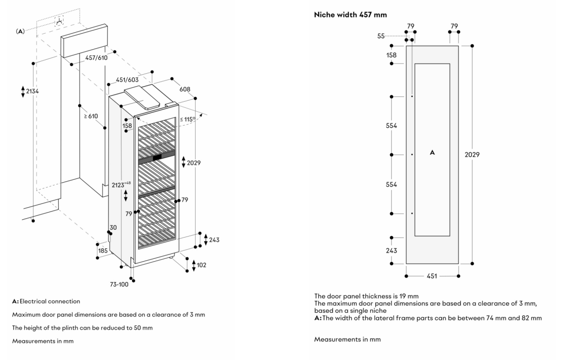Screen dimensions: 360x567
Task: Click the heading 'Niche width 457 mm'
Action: pyautogui.click(x=350, y=15)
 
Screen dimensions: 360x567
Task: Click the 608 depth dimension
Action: pyautogui.click(x=185, y=89)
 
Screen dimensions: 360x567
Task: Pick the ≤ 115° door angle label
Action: pyautogui.click(x=187, y=119)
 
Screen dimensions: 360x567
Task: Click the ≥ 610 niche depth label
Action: pyautogui.click(x=91, y=116)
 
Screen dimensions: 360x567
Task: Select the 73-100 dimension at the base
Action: pyautogui.click(x=119, y=284)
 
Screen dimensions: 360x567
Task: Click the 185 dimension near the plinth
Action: pyautogui.click(x=103, y=251)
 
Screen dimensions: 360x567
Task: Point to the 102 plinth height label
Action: pyautogui.click(x=201, y=265)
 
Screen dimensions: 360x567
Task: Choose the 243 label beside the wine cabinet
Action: pyautogui.click(x=214, y=240)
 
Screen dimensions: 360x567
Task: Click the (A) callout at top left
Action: pyautogui.click(x=20, y=31)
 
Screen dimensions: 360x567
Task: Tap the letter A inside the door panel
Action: pyautogui.click(x=432, y=153)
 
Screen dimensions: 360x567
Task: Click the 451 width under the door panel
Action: pyautogui.click(x=432, y=276)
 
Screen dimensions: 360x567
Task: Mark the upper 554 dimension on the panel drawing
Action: pyautogui.click(x=391, y=126)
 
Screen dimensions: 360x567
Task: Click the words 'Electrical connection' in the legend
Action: pyautogui.click(x=50, y=301)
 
